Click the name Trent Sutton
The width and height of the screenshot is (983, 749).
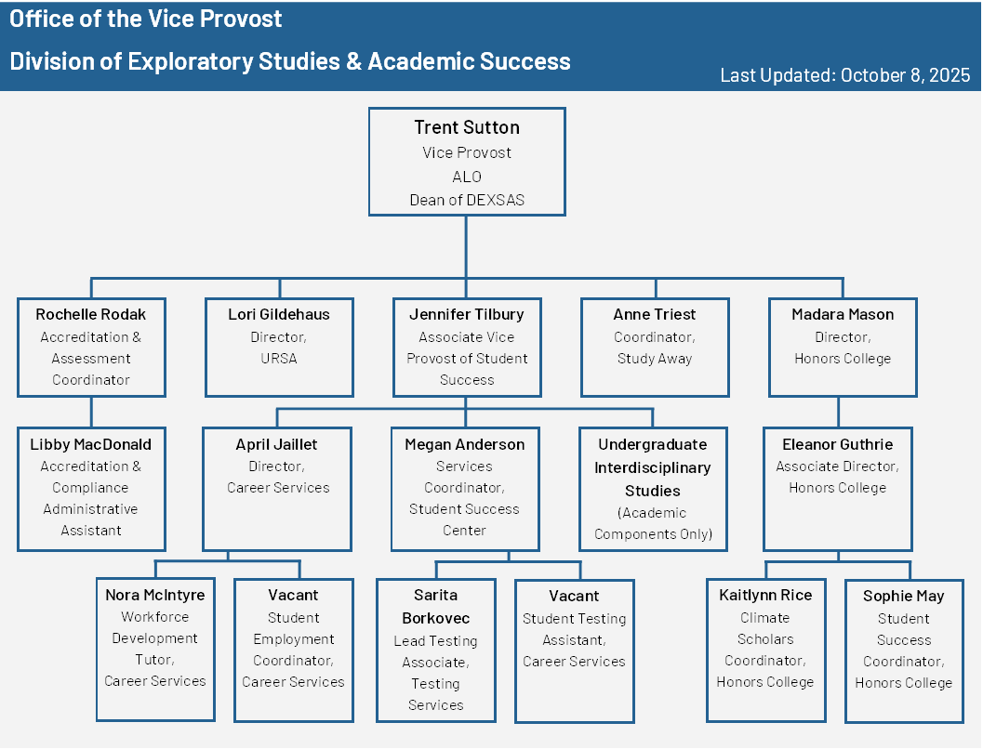point(466,127)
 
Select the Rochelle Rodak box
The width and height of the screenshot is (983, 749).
point(91,348)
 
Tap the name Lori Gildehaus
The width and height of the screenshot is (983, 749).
point(279,314)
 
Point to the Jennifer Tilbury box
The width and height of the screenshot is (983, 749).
point(466,348)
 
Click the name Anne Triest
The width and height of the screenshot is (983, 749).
point(655,314)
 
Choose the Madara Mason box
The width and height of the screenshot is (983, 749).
point(843,348)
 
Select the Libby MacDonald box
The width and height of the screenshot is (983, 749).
point(91,488)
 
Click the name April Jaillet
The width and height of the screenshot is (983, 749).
point(278,444)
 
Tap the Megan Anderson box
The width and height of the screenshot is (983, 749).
point(465,488)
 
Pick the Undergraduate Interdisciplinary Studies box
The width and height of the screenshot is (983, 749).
point(653,488)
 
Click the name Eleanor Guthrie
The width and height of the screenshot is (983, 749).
point(837,444)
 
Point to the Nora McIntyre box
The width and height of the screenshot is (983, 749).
point(155,649)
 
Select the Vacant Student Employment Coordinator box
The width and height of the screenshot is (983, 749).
point(293,650)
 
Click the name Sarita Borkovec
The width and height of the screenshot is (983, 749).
point(435,606)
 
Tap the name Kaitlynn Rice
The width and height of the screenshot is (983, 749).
point(765,595)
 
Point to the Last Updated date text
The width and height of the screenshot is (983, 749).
point(845,75)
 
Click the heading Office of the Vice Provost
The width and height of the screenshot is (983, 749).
point(146,18)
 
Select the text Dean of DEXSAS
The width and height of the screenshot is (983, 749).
point(466,200)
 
